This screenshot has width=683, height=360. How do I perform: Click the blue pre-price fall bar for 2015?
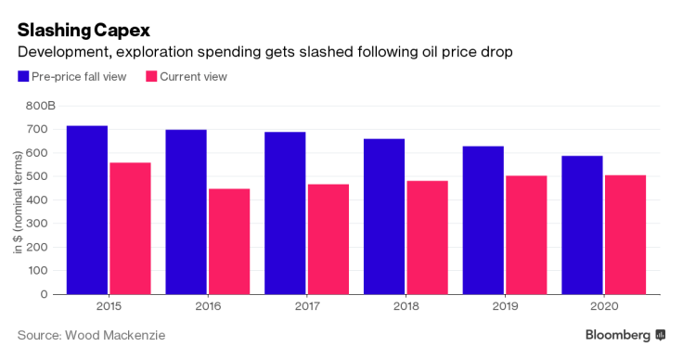click(x=86, y=210)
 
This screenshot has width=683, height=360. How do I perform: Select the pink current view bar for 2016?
click(x=229, y=241)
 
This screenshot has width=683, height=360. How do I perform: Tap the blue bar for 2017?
click(x=285, y=212)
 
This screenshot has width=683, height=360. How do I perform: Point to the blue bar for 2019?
click(x=483, y=220)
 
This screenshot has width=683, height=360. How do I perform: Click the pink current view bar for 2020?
click(x=625, y=235)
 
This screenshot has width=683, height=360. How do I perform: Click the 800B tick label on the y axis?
click(x=40, y=106)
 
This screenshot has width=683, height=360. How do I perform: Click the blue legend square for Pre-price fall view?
click(x=22, y=76)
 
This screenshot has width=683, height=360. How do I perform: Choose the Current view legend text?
click(x=193, y=76)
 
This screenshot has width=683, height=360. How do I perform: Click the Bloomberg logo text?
click(x=617, y=334)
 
